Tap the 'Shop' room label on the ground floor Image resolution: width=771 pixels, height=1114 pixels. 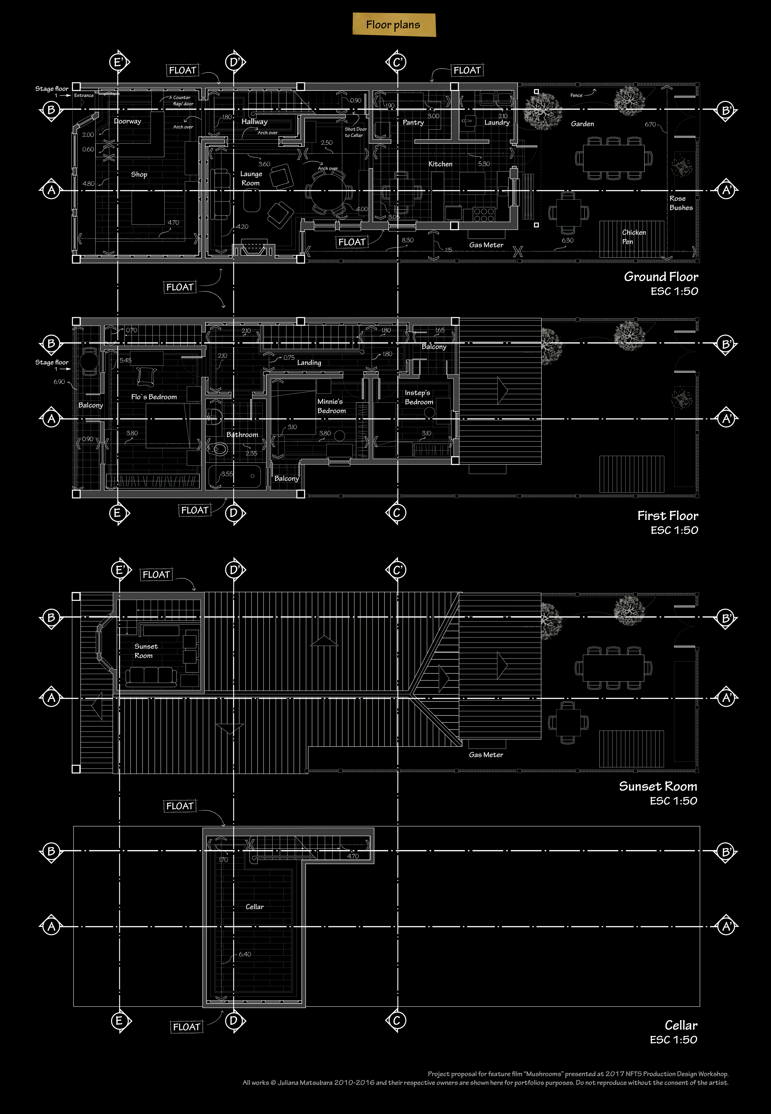click(x=139, y=174)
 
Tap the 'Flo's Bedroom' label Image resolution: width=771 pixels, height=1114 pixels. click(x=154, y=397)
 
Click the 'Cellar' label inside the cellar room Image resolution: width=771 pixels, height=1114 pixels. click(x=255, y=907)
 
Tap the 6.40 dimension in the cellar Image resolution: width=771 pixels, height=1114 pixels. click(x=244, y=954)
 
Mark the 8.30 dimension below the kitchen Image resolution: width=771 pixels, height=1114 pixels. click(x=407, y=240)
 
